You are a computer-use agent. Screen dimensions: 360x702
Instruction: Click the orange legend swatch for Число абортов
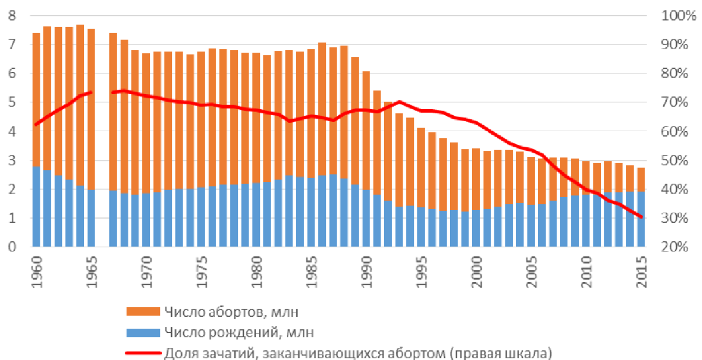[143, 312]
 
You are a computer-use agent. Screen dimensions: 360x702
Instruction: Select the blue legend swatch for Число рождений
[143, 332]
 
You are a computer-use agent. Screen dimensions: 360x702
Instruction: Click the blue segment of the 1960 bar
[36, 206]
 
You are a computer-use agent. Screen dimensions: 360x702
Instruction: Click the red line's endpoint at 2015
[641, 217]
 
